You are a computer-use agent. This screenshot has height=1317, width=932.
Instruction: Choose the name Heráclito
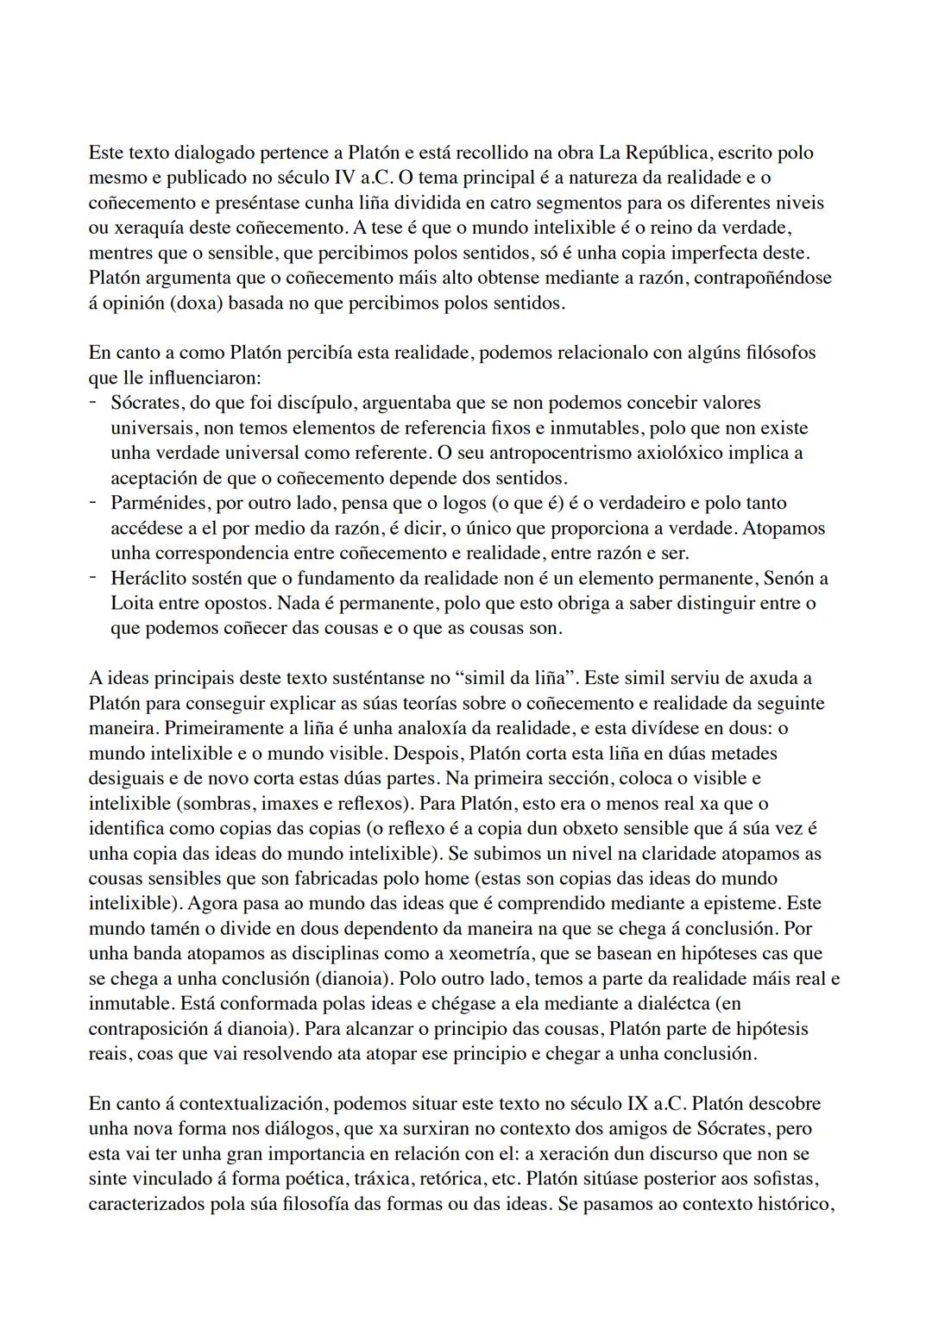(148, 578)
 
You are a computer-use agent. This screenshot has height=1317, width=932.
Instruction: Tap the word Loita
(131, 603)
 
